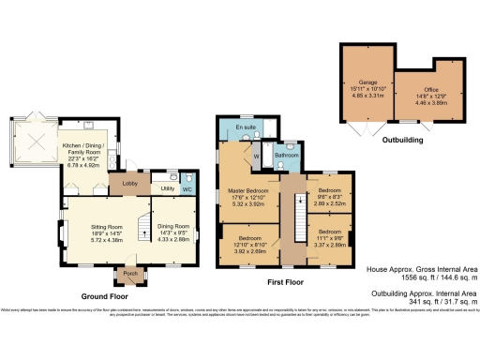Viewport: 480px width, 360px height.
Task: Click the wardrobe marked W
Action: click(256, 157)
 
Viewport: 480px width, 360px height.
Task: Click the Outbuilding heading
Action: click(402, 140)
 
